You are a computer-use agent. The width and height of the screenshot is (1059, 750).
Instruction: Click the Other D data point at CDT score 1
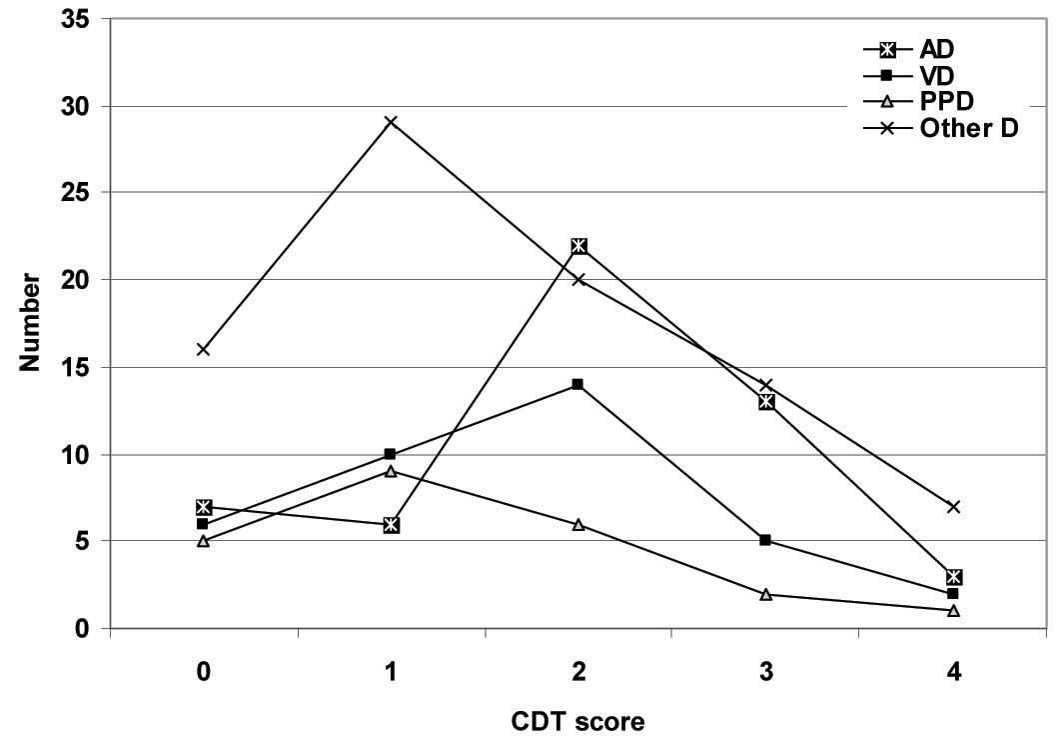391,122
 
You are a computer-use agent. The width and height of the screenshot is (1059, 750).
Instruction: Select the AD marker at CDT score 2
578,246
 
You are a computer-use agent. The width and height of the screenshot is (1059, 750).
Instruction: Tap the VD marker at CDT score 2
578,384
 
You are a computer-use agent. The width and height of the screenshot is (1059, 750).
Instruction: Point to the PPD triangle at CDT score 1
391,471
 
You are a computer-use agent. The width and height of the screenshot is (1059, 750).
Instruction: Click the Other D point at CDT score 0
204,350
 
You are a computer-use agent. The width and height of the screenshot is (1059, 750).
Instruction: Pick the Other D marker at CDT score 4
954,507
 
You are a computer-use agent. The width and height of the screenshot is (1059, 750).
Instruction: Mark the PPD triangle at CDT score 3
766,594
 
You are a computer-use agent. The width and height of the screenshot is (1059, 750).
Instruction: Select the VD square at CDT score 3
766,540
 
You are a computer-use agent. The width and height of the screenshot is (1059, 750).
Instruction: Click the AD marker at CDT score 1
391,524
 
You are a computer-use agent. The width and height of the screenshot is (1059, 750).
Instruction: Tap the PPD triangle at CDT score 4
954,610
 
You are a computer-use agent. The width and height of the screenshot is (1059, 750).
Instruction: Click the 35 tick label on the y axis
76,20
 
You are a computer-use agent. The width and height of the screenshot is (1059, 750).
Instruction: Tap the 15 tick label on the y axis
76,367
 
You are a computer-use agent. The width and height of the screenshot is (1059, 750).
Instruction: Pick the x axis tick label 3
766,673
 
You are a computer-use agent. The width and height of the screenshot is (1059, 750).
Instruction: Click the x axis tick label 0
204,673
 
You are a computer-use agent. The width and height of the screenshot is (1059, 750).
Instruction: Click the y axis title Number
31,324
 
